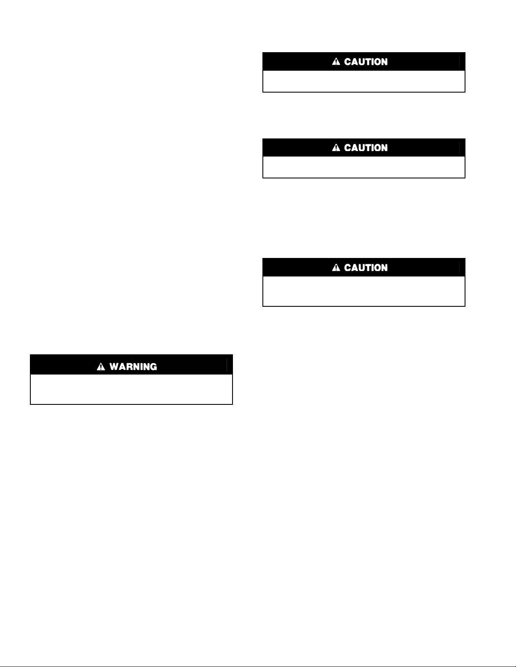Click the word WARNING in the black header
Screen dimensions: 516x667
tap(133, 367)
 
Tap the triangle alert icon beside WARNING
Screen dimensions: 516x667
tap(101, 367)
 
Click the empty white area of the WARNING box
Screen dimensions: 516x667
tap(131, 389)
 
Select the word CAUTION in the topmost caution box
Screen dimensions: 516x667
tap(366, 62)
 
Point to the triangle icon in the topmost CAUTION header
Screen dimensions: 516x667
tap(336, 62)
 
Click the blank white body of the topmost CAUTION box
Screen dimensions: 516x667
tap(364, 81)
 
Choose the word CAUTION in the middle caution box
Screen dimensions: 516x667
tap(366, 148)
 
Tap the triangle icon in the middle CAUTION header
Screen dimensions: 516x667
tap(336, 148)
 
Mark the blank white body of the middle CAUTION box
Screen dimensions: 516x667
tap(364, 167)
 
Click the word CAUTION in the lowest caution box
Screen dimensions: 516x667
tap(366, 268)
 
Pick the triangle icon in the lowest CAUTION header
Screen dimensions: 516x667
tap(336, 268)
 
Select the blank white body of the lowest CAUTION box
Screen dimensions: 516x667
tap(364, 291)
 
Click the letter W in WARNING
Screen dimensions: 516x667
tap(114, 367)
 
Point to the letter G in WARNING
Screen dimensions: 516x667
tap(153, 367)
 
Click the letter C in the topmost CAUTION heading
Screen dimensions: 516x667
tap(348, 62)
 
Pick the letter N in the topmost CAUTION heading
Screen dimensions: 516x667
tap(384, 62)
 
